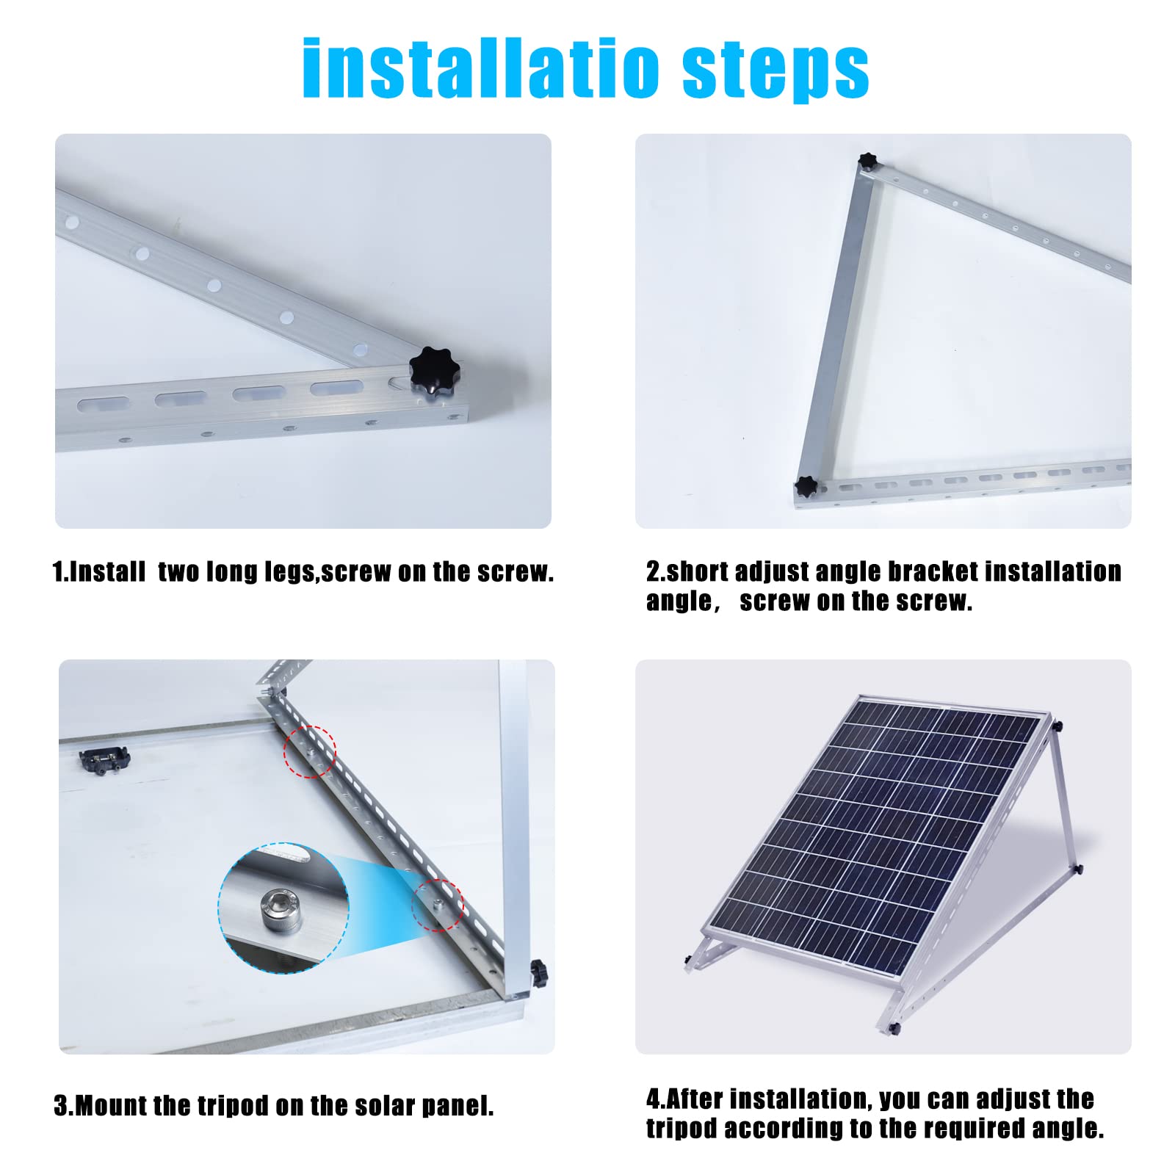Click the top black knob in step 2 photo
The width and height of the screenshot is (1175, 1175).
coord(868,162)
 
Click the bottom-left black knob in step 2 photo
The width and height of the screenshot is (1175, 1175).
coord(806,486)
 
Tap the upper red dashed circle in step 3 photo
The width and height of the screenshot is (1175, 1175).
coord(311,751)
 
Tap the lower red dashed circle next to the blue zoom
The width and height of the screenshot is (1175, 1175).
coord(438,905)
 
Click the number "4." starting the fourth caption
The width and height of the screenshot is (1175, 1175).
coord(655,1099)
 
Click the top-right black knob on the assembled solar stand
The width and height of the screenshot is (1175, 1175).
coord(1057,727)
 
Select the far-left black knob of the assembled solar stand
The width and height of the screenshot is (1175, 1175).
coord(688,959)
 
